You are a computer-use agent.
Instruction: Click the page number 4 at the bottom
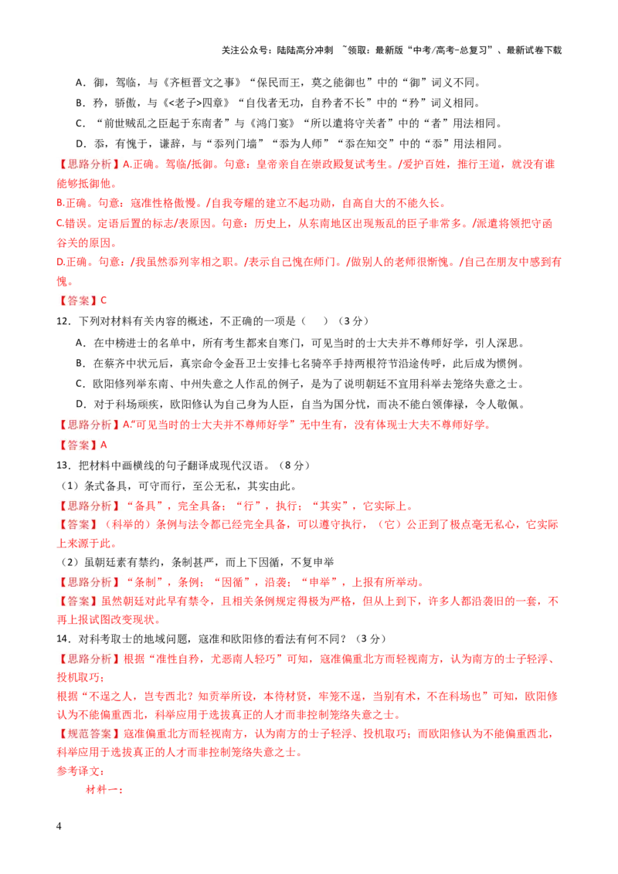coord(59,825)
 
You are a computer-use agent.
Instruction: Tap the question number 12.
coord(63,321)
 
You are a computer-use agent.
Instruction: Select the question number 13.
coord(63,466)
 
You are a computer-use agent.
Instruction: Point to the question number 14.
coord(63,639)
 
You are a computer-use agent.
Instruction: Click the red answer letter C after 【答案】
coord(104,300)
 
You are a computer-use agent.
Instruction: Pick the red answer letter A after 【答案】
coord(104,445)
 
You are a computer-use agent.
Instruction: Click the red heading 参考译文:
coord(80,771)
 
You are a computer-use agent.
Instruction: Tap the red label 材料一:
coord(104,790)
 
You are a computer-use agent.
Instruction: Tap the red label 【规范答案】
coord(90,733)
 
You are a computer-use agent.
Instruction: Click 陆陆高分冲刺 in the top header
coord(305,50)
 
